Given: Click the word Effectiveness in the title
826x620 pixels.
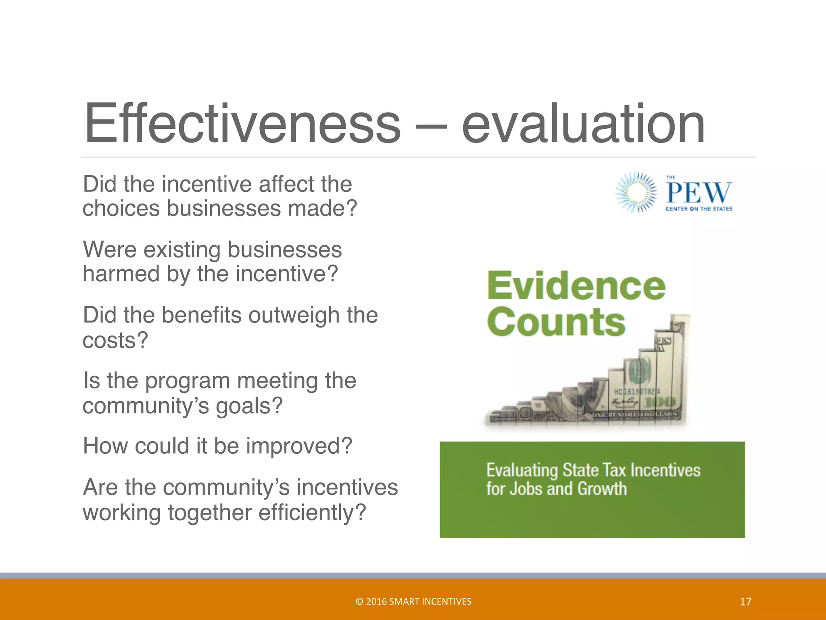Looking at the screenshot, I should pyautogui.click(x=242, y=123).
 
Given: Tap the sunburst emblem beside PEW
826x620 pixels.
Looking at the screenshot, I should pyautogui.click(x=636, y=193).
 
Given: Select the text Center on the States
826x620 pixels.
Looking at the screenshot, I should pyautogui.click(x=699, y=209).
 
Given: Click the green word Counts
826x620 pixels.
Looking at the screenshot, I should pyautogui.click(x=556, y=322).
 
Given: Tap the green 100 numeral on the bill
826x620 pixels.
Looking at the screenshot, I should pyautogui.click(x=659, y=402).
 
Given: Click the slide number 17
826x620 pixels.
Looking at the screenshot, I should pyautogui.click(x=745, y=602).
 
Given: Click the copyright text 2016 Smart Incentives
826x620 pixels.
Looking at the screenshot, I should pyautogui.click(x=413, y=601).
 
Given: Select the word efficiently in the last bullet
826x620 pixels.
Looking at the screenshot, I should pyautogui.click(x=311, y=513).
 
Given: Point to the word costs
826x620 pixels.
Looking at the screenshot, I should pyautogui.click(x=115, y=340).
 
